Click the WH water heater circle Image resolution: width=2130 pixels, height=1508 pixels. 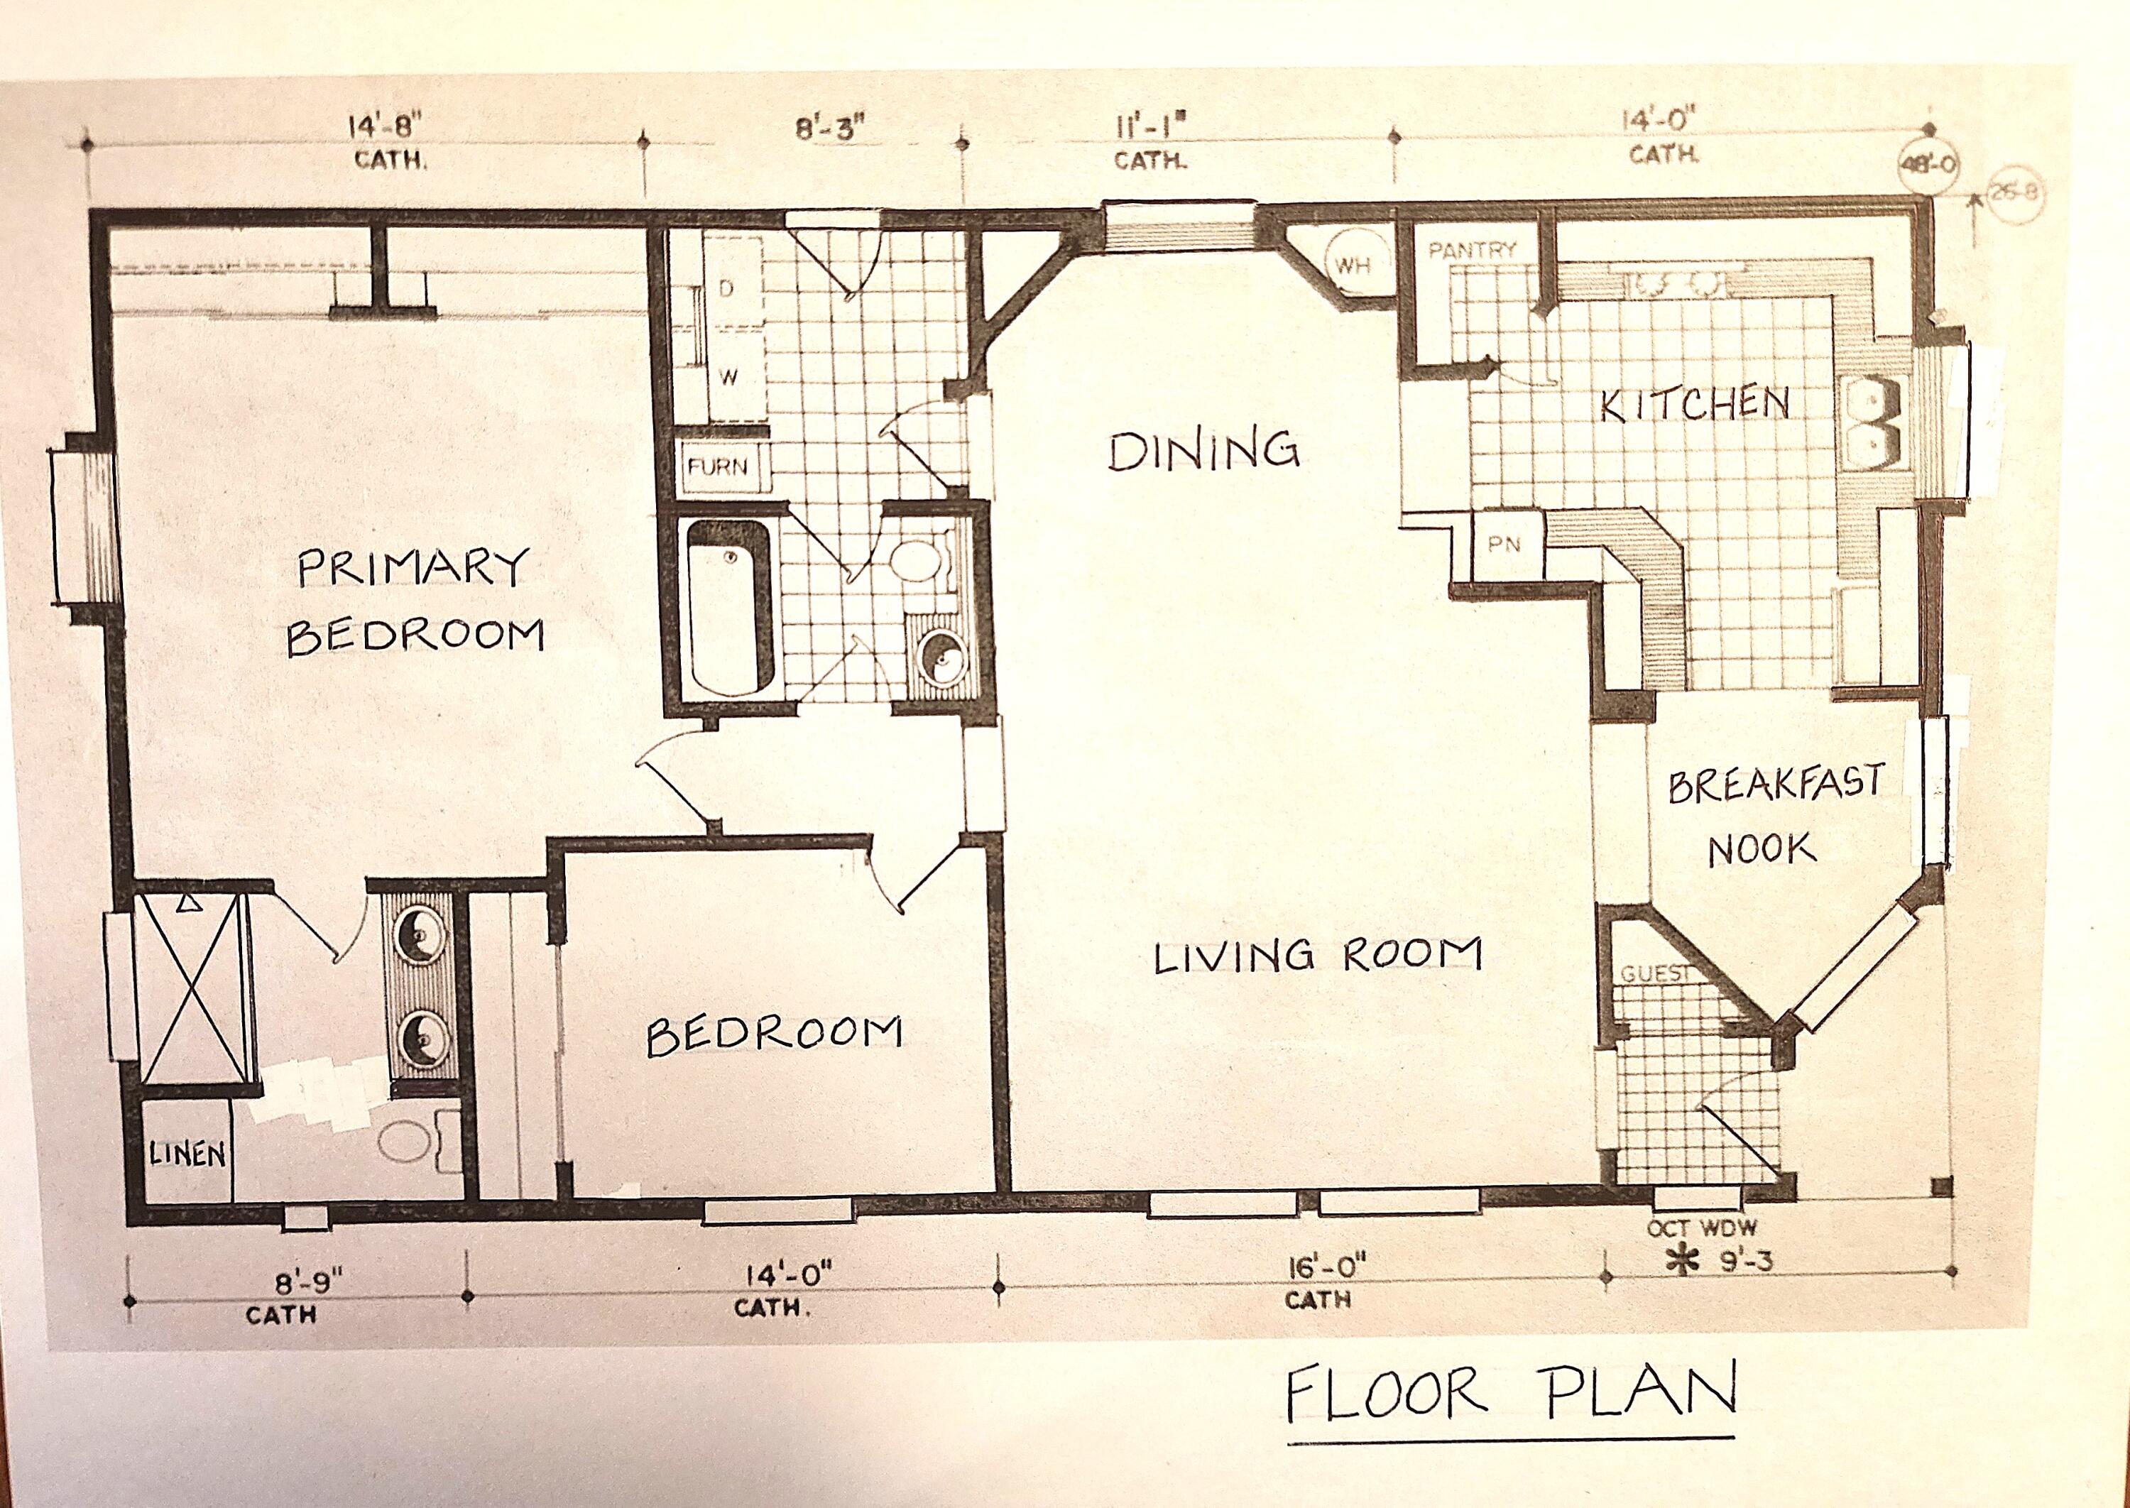coord(1353,266)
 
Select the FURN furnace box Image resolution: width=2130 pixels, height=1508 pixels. coord(718,466)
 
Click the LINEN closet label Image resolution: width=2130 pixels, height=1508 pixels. coord(187,1154)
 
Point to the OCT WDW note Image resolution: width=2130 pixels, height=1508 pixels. coord(1702,1228)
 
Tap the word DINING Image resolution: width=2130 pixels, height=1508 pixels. coord(1203,452)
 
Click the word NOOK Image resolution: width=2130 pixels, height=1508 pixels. coord(1762,848)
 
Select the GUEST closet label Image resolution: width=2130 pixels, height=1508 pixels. coord(1654,974)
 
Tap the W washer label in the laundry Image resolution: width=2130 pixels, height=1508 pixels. coord(729,378)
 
